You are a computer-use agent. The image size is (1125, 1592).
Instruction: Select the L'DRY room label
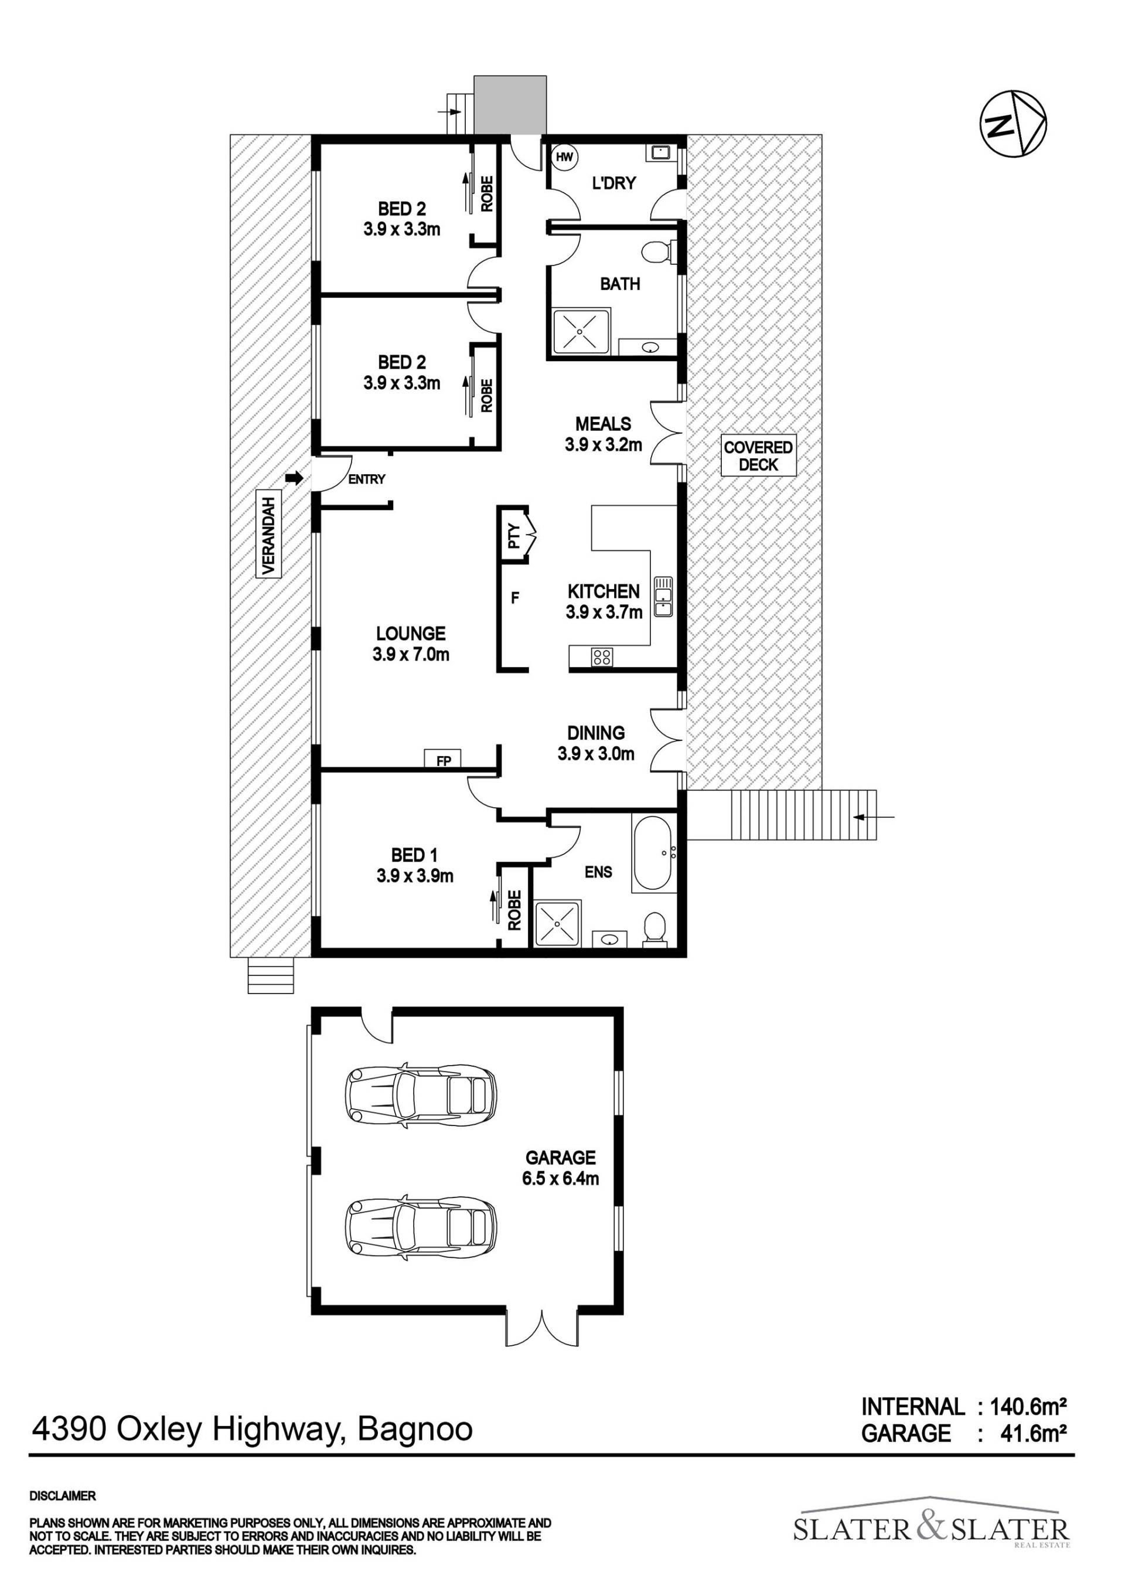pyautogui.click(x=613, y=183)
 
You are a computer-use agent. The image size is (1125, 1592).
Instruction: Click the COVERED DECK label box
pyautogui.click(x=758, y=455)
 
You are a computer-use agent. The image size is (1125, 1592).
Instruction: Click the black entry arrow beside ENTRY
pyautogui.click(x=295, y=478)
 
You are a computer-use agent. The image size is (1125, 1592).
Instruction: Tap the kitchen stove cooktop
pyautogui.click(x=602, y=656)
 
